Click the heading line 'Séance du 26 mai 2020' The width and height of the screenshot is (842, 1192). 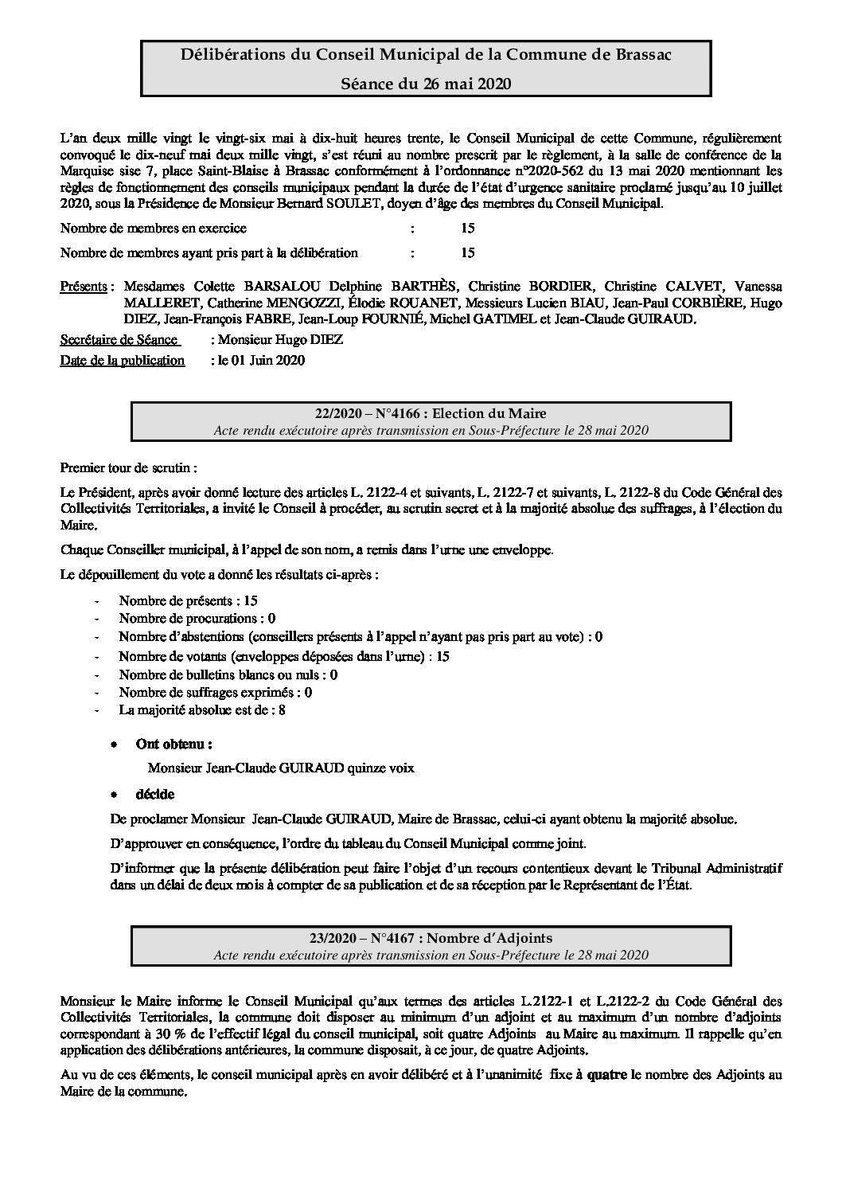426,84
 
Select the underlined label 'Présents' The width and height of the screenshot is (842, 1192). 84,287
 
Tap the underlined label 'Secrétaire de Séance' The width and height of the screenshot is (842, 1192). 119,340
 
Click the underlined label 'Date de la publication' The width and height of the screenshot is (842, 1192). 123,360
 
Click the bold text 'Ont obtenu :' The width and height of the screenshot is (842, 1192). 173,745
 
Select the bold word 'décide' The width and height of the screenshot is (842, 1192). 154,794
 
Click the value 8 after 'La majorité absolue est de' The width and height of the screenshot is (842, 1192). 282,709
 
